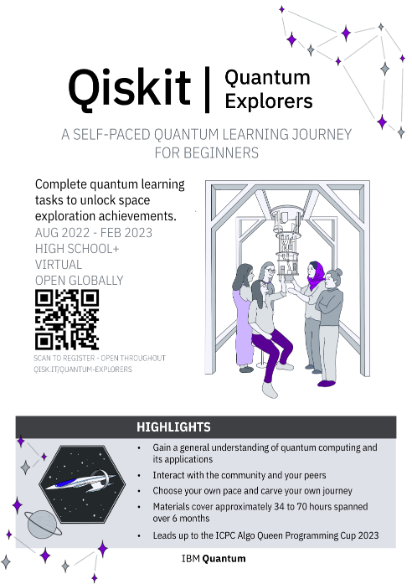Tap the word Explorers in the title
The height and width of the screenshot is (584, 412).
click(268, 101)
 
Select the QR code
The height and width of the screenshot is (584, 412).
click(66, 319)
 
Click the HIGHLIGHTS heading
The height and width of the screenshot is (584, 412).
click(173, 427)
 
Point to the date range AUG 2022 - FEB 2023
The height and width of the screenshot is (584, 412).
click(94, 233)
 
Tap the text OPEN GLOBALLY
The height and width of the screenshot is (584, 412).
click(80, 280)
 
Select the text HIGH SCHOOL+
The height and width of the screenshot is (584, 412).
click(78, 249)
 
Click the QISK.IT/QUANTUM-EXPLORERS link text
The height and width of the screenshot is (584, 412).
click(83, 369)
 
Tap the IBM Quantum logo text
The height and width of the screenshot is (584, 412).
click(214, 557)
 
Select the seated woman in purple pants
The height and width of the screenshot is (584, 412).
click(268, 323)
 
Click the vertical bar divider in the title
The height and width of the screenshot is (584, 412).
click(206, 87)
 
